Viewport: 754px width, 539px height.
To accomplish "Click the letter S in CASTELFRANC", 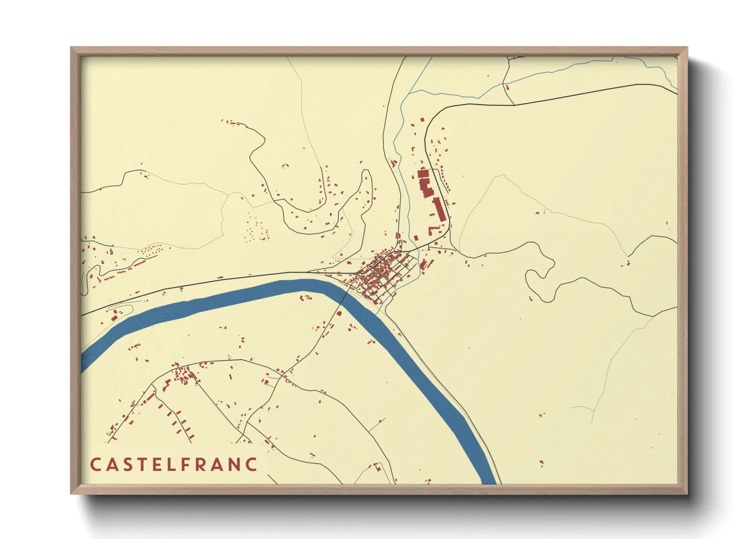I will (x=128, y=465).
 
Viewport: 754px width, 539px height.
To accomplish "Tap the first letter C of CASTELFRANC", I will (x=95, y=465).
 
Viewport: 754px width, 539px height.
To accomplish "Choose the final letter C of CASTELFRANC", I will (x=251, y=465).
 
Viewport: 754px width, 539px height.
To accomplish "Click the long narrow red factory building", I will (x=438, y=209).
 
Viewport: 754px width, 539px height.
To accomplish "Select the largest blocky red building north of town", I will (x=424, y=183).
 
